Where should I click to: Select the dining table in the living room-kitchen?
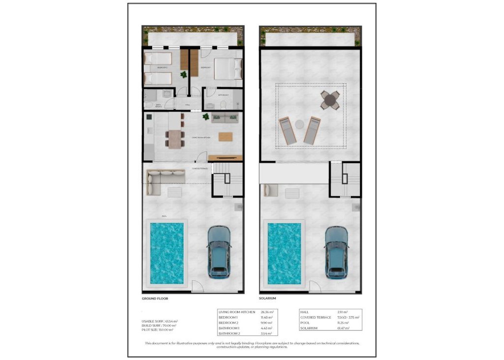click(175, 139)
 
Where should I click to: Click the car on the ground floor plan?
click(219, 251)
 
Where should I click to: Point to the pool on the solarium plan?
click(284, 254)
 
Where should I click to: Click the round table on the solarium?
click(330, 101)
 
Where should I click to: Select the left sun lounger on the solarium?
click(287, 130)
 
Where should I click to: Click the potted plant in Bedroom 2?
click(184, 75)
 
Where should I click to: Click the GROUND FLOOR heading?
click(155, 299)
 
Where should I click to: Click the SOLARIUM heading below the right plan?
click(267, 299)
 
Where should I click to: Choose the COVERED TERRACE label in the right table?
click(316, 317)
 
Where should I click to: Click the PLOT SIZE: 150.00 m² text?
click(159, 330)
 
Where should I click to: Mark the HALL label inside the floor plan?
click(188, 105)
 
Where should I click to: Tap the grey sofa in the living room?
click(225, 118)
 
